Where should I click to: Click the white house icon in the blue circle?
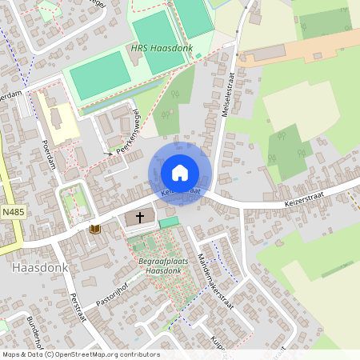(180, 172)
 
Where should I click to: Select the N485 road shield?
(12, 212)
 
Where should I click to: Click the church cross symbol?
(141, 216)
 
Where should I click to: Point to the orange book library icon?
(95, 229)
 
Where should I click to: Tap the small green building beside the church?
(169, 222)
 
